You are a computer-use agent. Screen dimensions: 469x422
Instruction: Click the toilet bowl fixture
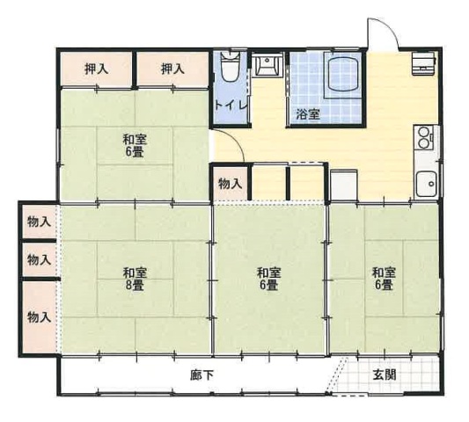click(230, 67)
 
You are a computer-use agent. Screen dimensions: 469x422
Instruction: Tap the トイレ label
click(231, 106)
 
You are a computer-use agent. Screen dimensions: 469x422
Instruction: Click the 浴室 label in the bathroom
click(308, 114)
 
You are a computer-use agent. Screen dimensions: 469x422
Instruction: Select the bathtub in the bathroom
click(343, 74)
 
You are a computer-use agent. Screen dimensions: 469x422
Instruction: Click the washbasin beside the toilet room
click(267, 64)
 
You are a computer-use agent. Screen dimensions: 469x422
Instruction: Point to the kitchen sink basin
click(427, 184)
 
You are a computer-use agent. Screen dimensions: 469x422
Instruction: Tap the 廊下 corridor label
click(202, 375)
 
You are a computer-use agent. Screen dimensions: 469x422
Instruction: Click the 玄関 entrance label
click(385, 375)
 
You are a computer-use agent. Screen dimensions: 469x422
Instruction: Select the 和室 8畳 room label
click(135, 280)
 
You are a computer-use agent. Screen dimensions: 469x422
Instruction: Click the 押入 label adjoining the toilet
click(172, 69)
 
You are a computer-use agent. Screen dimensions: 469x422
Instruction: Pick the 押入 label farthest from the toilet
click(96, 69)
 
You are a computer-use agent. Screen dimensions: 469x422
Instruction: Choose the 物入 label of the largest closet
click(40, 317)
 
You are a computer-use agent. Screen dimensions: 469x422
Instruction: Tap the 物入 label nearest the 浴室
click(230, 184)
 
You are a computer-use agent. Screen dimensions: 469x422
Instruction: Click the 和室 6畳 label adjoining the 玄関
click(384, 279)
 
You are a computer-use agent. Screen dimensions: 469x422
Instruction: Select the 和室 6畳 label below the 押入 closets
click(135, 146)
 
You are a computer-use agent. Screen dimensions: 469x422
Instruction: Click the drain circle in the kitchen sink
click(431, 184)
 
